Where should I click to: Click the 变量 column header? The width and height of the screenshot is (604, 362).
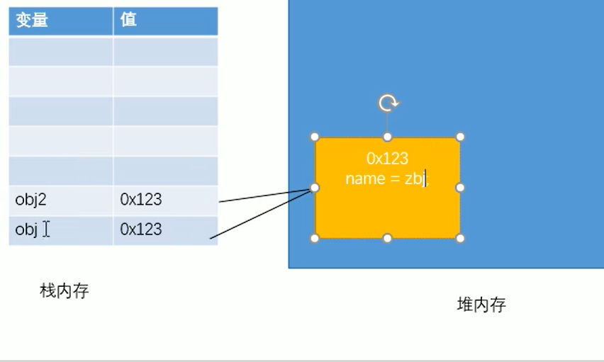pos(32,21)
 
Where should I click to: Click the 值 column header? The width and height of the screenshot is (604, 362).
pos(128,21)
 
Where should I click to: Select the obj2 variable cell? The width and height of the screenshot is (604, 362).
pos(30,200)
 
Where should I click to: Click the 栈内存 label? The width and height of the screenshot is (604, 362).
pos(64,290)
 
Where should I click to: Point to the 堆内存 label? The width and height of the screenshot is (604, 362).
pos(481,305)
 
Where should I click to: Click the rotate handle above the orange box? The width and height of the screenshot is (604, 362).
pos(387,103)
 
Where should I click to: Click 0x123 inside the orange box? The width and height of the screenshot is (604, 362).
pos(387,159)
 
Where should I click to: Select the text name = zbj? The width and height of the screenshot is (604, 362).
pos(386,179)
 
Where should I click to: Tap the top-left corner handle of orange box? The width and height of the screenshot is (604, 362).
pos(315,137)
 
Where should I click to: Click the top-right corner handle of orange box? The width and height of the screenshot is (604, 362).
pos(460,137)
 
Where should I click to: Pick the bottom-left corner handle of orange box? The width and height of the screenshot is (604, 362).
pos(315,238)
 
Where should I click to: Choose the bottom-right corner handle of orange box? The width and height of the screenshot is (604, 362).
pos(460,238)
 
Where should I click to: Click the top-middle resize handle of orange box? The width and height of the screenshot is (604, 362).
pos(387,137)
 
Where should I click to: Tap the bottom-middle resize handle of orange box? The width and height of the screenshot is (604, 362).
pos(387,238)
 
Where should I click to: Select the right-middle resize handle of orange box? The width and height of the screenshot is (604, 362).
pos(460,188)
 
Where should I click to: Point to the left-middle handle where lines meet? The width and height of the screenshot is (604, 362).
pos(315,188)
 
